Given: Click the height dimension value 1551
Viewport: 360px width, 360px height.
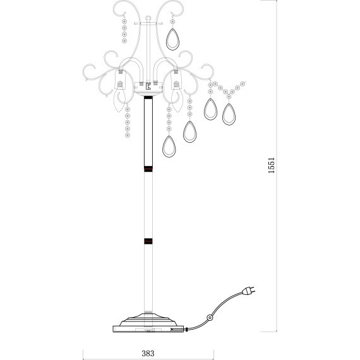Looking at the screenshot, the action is (272, 165).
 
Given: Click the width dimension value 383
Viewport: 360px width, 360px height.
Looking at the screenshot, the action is (148, 353).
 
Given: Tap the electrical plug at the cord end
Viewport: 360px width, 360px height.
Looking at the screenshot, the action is (249, 291).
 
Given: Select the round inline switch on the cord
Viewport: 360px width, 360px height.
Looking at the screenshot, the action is (210, 318).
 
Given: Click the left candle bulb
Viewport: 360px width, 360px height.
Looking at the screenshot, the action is (120, 97).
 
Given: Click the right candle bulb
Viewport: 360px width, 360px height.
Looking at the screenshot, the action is (177, 97).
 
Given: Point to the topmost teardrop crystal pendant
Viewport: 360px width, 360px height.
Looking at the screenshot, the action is (172, 39).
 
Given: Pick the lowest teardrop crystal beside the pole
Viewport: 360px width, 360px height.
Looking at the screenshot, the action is (169, 147).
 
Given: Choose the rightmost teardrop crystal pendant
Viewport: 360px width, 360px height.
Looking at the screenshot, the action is (229, 114).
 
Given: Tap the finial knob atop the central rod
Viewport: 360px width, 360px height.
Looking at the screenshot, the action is (148, 18).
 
